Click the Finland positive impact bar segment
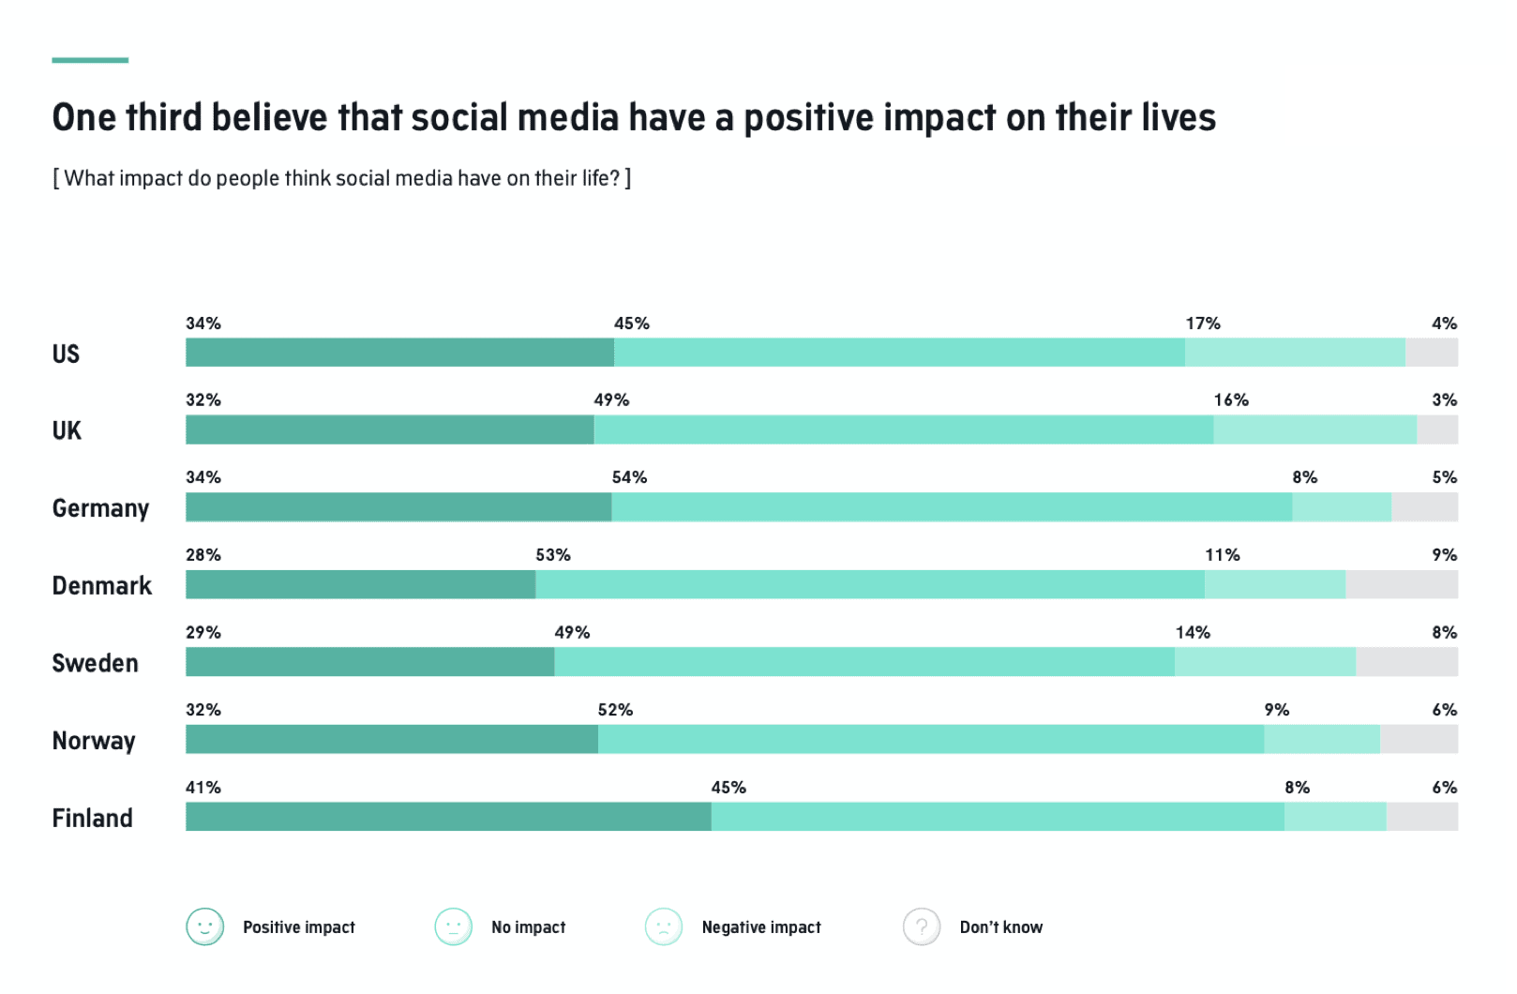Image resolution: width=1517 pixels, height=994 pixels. (448, 816)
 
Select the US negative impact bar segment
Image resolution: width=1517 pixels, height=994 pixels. (1295, 353)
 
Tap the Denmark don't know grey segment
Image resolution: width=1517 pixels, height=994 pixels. (1402, 584)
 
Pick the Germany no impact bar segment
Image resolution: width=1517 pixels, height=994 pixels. (952, 507)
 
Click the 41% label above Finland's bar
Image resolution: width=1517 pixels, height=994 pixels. (203, 788)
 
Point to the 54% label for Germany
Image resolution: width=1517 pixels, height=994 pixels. (629, 477)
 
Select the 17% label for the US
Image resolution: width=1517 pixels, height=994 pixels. (1203, 324)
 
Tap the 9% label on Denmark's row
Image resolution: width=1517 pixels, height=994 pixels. (1444, 555)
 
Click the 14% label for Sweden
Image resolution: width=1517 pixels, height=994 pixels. (1193, 633)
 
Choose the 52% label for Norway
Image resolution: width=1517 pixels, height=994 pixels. (615, 710)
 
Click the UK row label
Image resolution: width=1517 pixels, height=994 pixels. (67, 430)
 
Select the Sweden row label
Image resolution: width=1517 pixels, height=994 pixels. (95, 663)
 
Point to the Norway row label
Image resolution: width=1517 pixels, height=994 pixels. (94, 741)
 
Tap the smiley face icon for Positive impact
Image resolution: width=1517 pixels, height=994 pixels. (204, 926)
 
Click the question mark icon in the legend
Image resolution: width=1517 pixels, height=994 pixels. (922, 926)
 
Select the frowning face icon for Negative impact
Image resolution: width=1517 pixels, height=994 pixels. (664, 926)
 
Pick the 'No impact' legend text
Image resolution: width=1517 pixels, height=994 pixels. (528, 927)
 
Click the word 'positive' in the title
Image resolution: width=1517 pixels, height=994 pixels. (809, 118)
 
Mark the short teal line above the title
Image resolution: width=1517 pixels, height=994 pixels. (90, 60)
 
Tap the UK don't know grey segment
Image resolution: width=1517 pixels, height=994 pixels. (1437, 429)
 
